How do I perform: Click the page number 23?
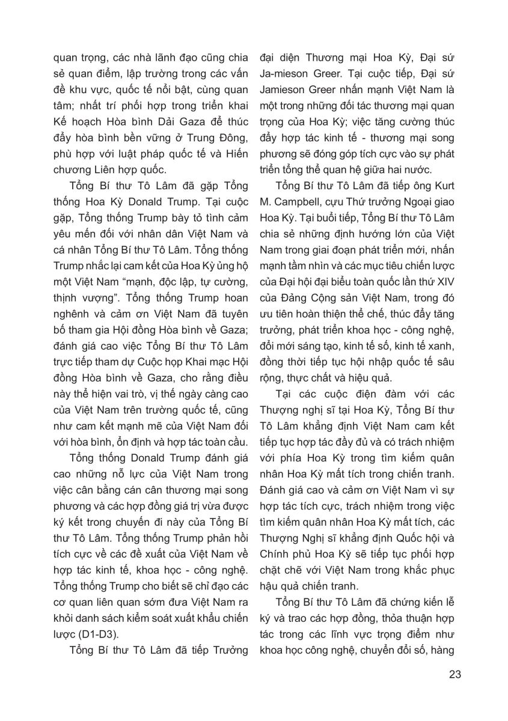point(454,674)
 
